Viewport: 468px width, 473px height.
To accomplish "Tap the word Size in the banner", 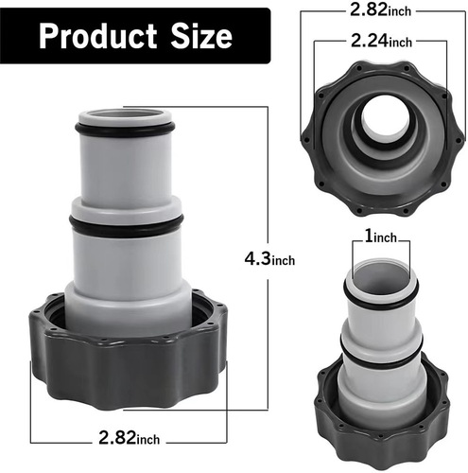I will pyautogui.click(x=198, y=37).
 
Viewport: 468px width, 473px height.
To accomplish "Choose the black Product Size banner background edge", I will pyautogui.click(x=19, y=37).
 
